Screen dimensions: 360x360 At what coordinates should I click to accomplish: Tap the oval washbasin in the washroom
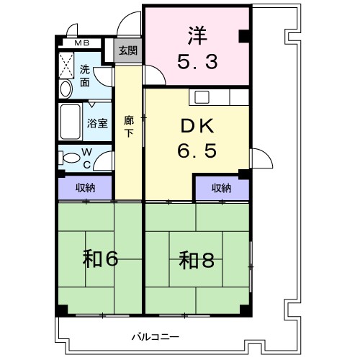point(65,89)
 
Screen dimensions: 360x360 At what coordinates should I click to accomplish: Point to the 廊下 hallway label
point(129,127)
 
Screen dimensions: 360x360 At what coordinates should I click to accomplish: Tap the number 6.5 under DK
point(196,153)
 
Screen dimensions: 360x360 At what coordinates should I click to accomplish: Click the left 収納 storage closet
point(86,187)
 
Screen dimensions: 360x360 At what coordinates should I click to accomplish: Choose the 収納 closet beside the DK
point(222,187)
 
